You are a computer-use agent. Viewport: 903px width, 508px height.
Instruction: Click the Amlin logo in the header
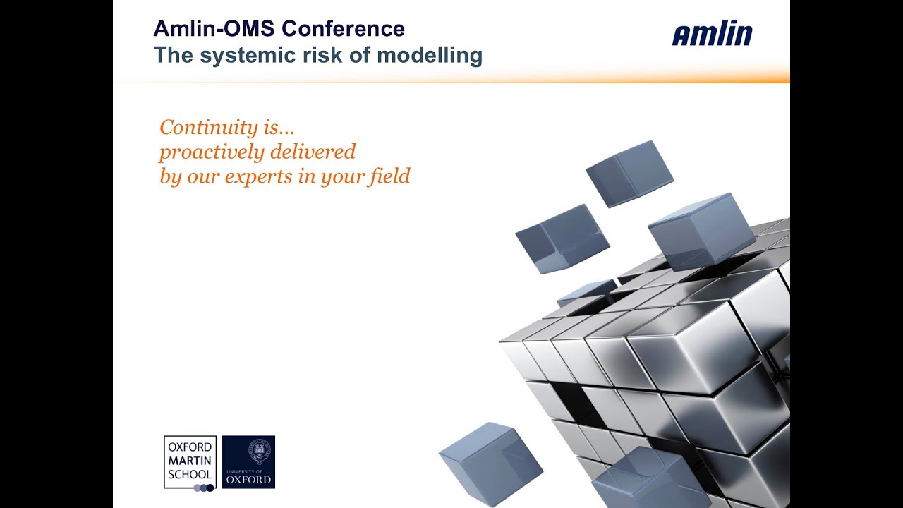(x=712, y=34)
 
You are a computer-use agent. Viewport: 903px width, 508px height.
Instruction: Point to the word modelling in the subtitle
(x=430, y=55)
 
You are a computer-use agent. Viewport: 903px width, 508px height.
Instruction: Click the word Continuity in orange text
(x=199, y=128)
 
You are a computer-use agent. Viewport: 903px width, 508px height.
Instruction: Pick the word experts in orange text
(x=259, y=176)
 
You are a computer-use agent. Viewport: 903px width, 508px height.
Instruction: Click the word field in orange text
(x=389, y=176)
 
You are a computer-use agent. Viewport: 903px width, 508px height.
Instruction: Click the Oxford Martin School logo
(x=190, y=462)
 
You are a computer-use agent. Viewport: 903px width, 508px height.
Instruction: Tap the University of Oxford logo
(x=248, y=462)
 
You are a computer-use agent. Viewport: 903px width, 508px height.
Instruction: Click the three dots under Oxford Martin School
(x=203, y=487)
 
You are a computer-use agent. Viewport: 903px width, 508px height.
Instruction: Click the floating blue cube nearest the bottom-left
(x=490, y=463)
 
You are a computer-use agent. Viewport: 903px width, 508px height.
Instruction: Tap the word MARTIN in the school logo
(x=190, y=460)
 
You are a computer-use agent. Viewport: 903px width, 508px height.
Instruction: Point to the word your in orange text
(x=341, y=176)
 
